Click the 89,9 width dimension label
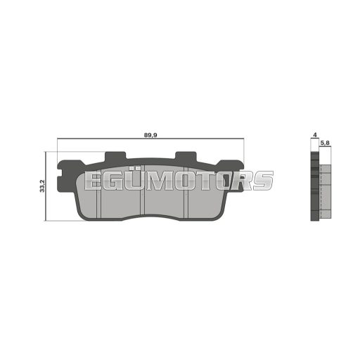point(150,135)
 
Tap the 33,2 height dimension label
point(42,186)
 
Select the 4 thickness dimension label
point(315,135)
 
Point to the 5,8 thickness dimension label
point(326,143)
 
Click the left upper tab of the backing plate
point(115,157)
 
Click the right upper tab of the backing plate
point(186,157)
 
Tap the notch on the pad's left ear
point(60,173)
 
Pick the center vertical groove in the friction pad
point(142,190)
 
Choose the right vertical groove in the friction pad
point(186,193)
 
